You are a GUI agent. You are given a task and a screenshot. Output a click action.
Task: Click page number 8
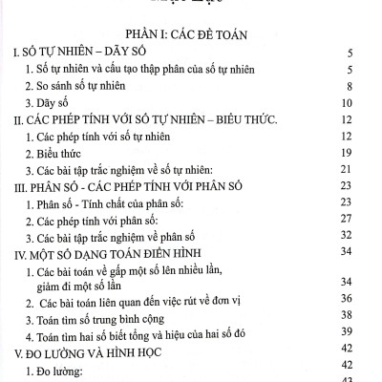(x=352, y=87)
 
